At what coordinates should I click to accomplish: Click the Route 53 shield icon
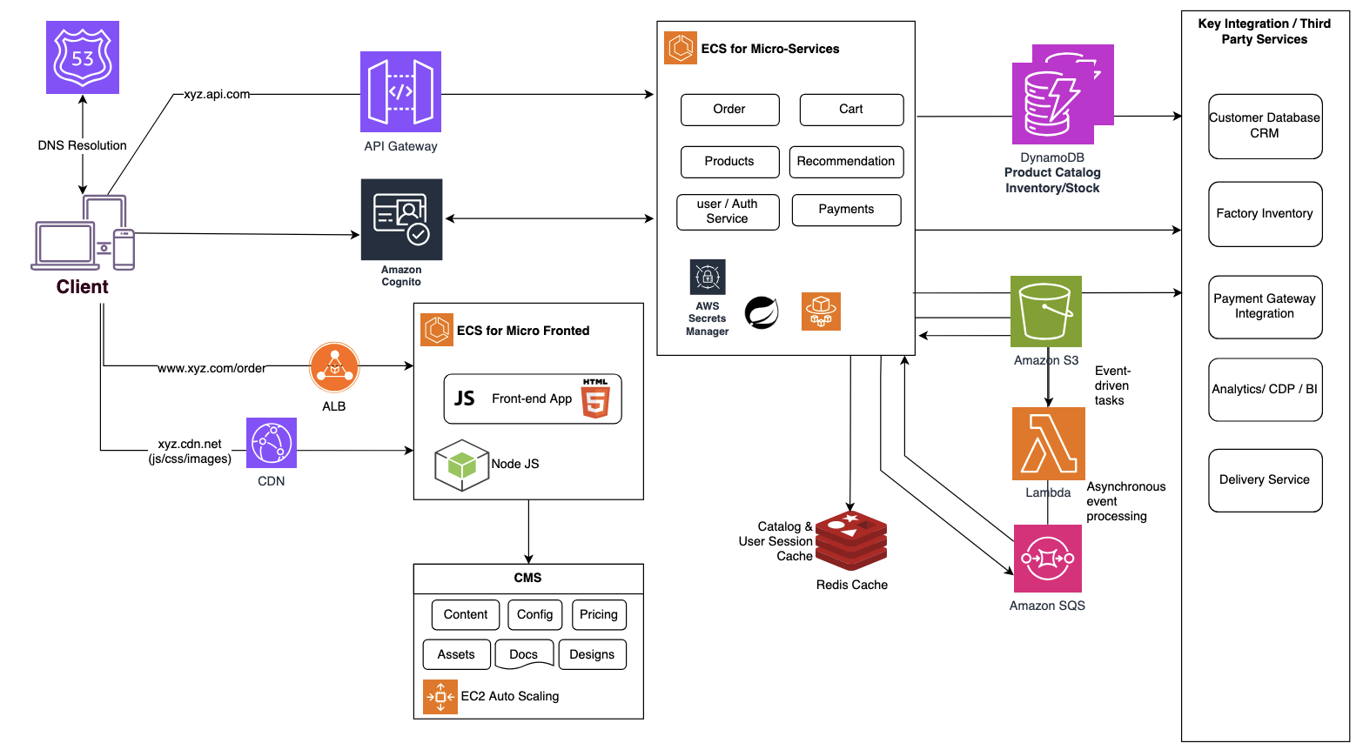click(x=83, y=57)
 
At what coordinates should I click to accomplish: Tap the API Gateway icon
click(x=400, y=91)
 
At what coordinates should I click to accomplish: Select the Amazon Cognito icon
click(x=401, y=219)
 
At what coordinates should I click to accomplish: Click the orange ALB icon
click(x=334, y=367)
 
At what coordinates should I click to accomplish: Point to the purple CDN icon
click(x=272, y=443)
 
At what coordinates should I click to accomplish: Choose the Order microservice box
click(x=729, y=110)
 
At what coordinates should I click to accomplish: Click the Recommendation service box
click(x=846, y=162)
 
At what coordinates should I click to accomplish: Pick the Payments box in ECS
click(x=846, y=210)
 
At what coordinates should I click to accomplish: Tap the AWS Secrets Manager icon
click(x=708, y=278)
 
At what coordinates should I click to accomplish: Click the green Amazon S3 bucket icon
click(x=1046, y=311)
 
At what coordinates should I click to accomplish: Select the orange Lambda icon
click(x=1048, y=444)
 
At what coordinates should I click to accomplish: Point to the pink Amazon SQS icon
click(x=1048, y=559)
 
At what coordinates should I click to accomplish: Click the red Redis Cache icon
click(x=851, y=540)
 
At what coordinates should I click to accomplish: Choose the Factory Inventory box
click(x=1265, y=214)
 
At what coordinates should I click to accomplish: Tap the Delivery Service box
click(x=1265, y=480)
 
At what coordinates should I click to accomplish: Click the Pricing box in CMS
click(x=599, y=615)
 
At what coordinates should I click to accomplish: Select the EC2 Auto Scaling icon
click(x=440, y=697)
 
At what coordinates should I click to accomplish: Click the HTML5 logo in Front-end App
click(x=595, y=398)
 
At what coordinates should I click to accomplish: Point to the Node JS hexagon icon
click(x=461, y=465)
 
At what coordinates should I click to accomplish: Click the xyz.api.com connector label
click(x=217, y=94)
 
